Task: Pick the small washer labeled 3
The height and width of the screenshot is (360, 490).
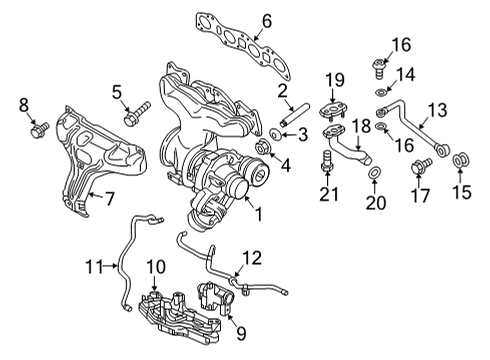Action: click(x=275, y=134)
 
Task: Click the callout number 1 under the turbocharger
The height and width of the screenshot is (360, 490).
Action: click(x=261, y=213)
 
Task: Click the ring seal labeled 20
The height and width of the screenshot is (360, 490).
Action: click(x=374, y=175)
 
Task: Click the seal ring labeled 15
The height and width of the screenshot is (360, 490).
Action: click(x=462, y=160)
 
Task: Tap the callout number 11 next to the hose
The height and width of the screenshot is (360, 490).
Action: click(x=94, y=266)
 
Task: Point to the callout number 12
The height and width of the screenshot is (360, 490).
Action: click(x=252, y=258)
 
